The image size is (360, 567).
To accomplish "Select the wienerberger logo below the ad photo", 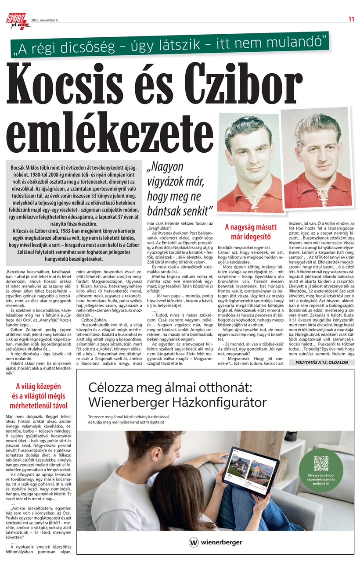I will [216, 542].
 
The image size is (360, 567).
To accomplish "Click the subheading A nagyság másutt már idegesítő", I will [251, 231].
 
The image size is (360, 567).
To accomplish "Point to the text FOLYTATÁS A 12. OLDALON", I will [322, 362].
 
